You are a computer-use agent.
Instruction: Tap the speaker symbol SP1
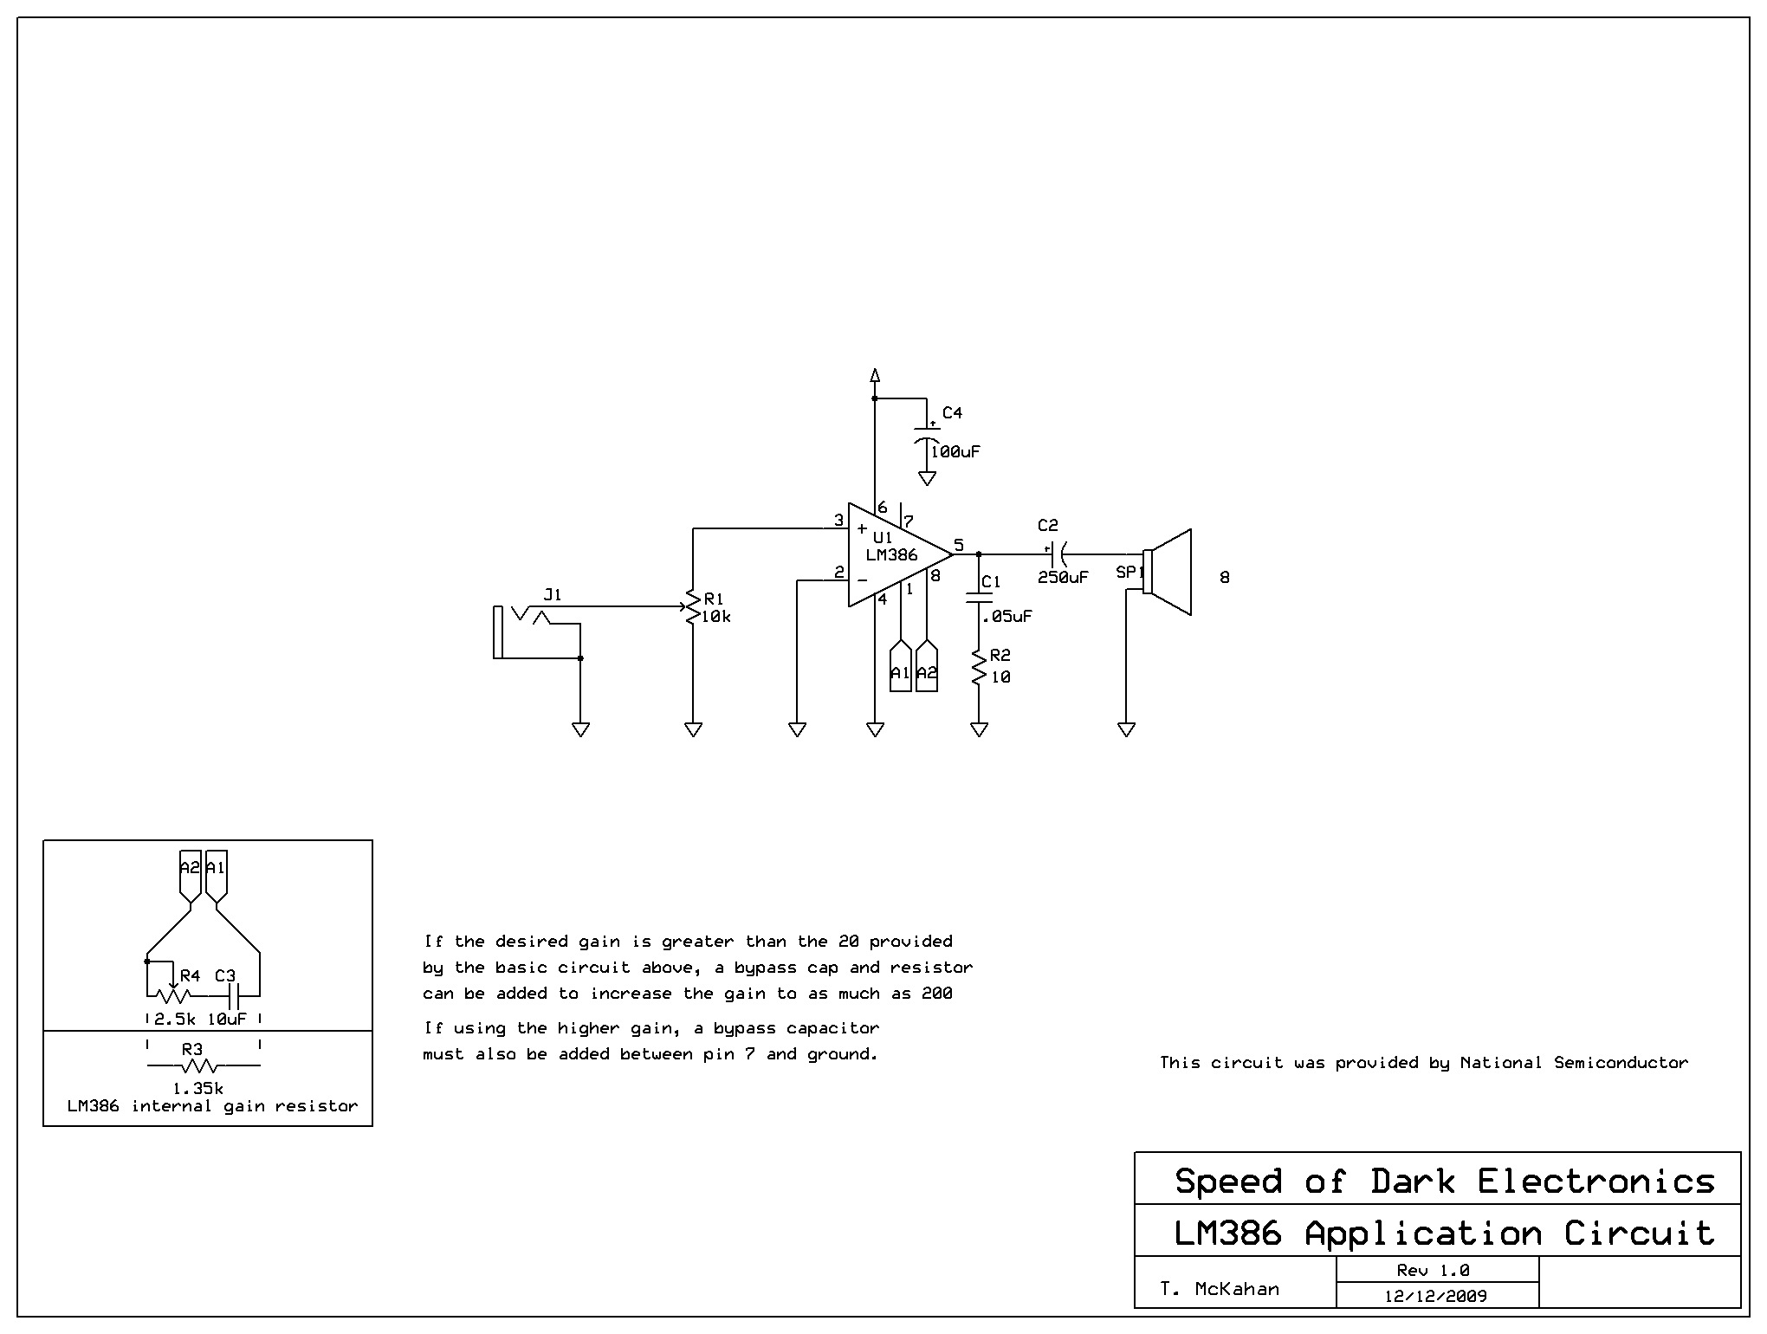tap(1168, 573)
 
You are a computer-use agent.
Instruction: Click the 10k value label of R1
tap(716, 617)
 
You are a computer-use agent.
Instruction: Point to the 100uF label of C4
tap(955, 451)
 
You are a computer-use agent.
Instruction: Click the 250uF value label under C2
tap(1063, 577)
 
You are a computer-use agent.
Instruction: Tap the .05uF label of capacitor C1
tap(1006, 616)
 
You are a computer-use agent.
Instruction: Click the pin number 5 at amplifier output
tap(959, 545)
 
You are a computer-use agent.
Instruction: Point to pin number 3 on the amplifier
tap(838, 520)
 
